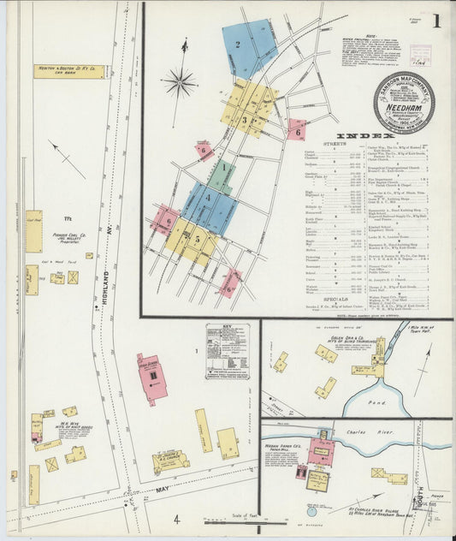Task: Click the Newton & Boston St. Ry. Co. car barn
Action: (69, 71)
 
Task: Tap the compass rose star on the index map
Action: (181, 83)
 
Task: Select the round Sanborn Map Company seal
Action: (403, 103)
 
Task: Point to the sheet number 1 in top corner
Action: (436, 21)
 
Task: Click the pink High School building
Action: (151, 378)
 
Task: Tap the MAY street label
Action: (163, 490)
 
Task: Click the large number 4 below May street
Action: (176, 520)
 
